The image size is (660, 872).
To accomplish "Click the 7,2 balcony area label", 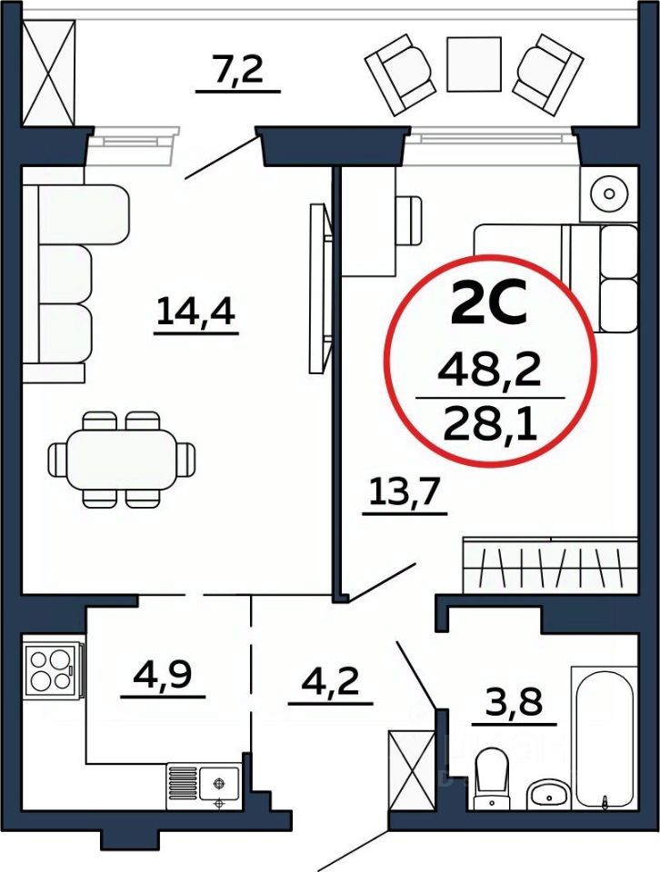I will [238, 72].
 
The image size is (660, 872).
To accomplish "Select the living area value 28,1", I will [489, 421].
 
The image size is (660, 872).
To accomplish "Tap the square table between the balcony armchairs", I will [474, 63].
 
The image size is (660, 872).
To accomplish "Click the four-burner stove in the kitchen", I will [51, 669].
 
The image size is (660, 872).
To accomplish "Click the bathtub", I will [603, 736].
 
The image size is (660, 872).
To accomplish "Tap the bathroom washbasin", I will [548, 792].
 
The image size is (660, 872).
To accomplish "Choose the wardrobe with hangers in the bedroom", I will [550, 565].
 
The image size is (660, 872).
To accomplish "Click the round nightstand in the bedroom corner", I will [605, 193].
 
